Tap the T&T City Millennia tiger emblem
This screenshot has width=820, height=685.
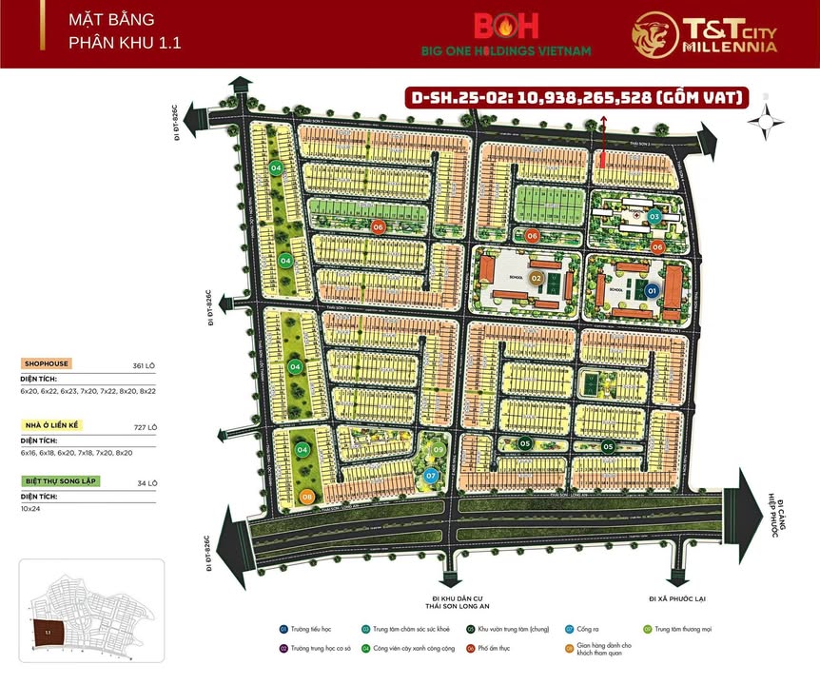tap(654, 34)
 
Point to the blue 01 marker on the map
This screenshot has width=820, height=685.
tap(652, 290)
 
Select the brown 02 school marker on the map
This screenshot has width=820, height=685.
tap(536, 278)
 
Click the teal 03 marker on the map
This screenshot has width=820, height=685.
tap(654, 217)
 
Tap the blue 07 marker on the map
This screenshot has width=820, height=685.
tap(431, 475)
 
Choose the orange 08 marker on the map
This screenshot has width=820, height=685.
tap(306, 497)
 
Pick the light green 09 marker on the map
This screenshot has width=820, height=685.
tap(439, 450)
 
